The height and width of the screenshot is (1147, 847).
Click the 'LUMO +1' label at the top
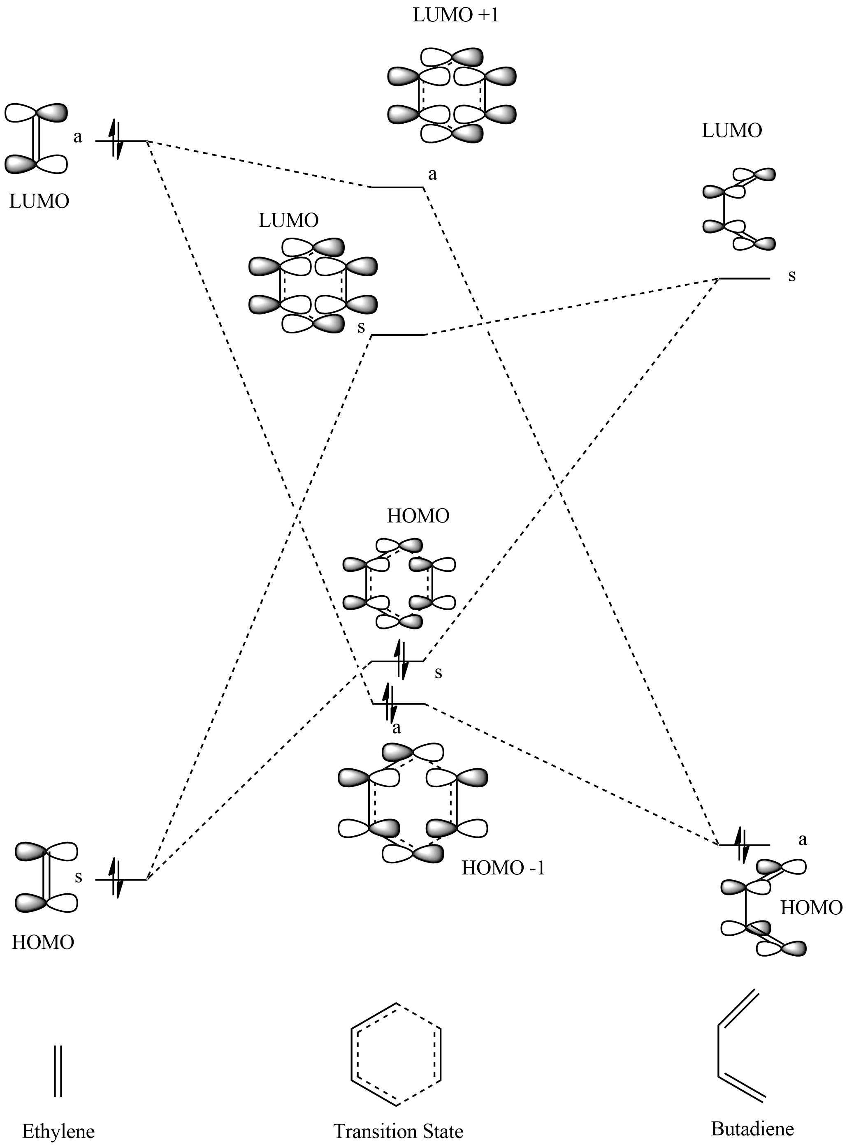click(x=456, y=15)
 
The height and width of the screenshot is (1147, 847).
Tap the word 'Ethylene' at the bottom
click(x=58, y=1131)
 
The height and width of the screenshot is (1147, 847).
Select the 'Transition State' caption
click(x=398, y=1131)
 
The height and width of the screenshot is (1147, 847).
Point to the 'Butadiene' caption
click(x=752, y=1128)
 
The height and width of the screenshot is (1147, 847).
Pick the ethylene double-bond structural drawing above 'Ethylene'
click(x=58, y=1070)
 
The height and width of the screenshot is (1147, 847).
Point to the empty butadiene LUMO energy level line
click(x=744, y=279)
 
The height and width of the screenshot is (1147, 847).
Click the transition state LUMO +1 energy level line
click(x=397, y=187)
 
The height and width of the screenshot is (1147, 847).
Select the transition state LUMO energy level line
click(x=398, y=335)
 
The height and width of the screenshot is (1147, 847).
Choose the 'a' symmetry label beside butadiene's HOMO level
click(x=803, y=839)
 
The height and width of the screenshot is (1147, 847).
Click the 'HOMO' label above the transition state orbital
click(x=418, y=516)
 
